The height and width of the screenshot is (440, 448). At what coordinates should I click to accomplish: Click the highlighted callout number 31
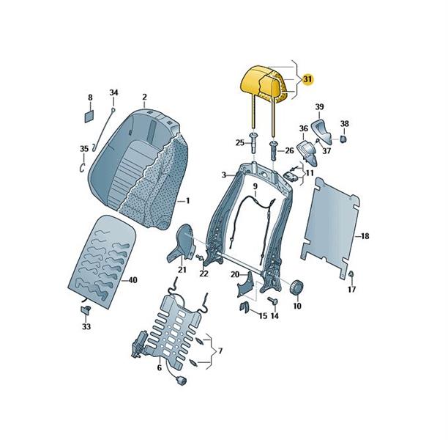307,78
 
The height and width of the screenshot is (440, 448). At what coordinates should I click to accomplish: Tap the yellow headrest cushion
264,83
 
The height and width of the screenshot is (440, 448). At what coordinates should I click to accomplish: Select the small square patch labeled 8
89,116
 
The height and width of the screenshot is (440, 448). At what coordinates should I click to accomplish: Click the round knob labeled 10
297,286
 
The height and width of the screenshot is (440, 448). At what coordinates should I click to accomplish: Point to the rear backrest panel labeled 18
330,227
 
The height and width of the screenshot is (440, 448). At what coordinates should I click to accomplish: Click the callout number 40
132,279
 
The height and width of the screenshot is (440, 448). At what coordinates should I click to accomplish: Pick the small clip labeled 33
86,309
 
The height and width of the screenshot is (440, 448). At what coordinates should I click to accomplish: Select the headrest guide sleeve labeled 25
253,142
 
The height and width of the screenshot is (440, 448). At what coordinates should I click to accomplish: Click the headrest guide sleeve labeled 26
272,150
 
